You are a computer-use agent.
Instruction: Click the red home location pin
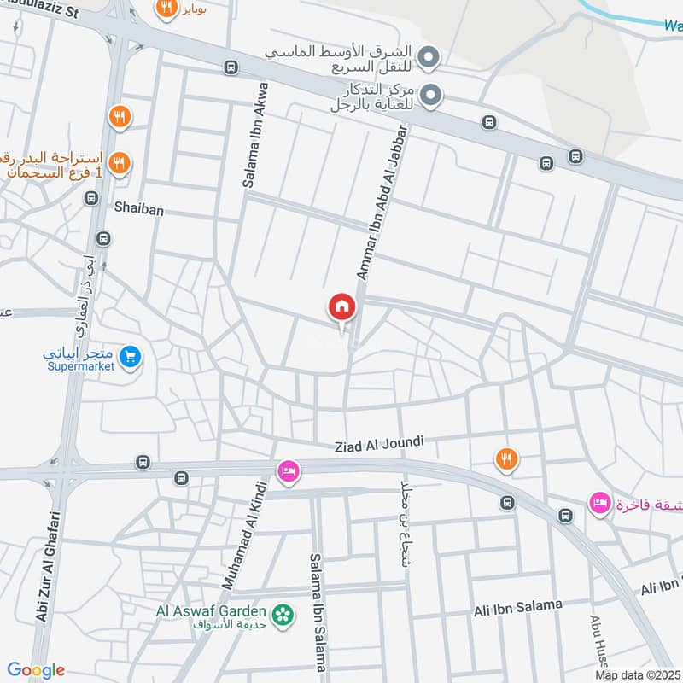[x=341, y=306]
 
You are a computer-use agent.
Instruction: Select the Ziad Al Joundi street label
[x=380, y=444]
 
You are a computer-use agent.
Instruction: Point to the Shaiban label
[x=139, y=207]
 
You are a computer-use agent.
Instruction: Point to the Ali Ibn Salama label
[x=518, y=608]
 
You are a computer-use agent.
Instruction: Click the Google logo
[x=36, y=670]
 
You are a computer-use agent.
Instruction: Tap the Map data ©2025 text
[x=636, y=674]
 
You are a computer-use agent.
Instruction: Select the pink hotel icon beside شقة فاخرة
[x=599, y=503]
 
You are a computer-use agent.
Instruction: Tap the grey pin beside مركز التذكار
[x=432, y=94]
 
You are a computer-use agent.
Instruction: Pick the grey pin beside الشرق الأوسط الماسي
[x=432, y=58]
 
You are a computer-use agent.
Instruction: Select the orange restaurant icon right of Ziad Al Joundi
[x=506, y=459]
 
